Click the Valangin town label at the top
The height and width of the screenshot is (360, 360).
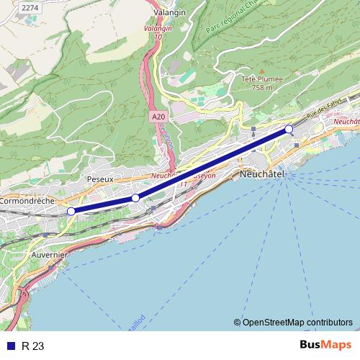pyautogui.click(x=170, y=12)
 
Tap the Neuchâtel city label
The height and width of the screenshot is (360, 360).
pyautogui.click(x=263, y=175)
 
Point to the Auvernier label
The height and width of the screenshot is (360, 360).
pyautogui.click(x=50, y=255)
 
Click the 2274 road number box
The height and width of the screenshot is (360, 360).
pyautogui.click(x=30, y=7)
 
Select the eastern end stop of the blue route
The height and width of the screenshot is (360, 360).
pyautogui.click(x=289, y=129)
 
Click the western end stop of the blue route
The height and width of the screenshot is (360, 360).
pyautogui.click(x=71, y=211)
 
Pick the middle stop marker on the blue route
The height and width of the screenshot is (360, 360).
pyautogui.click(x=135, y=198)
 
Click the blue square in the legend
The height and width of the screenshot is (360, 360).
pyautogui.click(x=10, y=346)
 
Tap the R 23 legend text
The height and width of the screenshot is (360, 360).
pyautogui.click(x=33, y=346)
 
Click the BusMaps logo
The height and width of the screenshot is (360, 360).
pyautogui.click(x=326, y=346)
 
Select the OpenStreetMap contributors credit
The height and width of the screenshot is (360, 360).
pyautogui.click(x=297, y=322)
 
